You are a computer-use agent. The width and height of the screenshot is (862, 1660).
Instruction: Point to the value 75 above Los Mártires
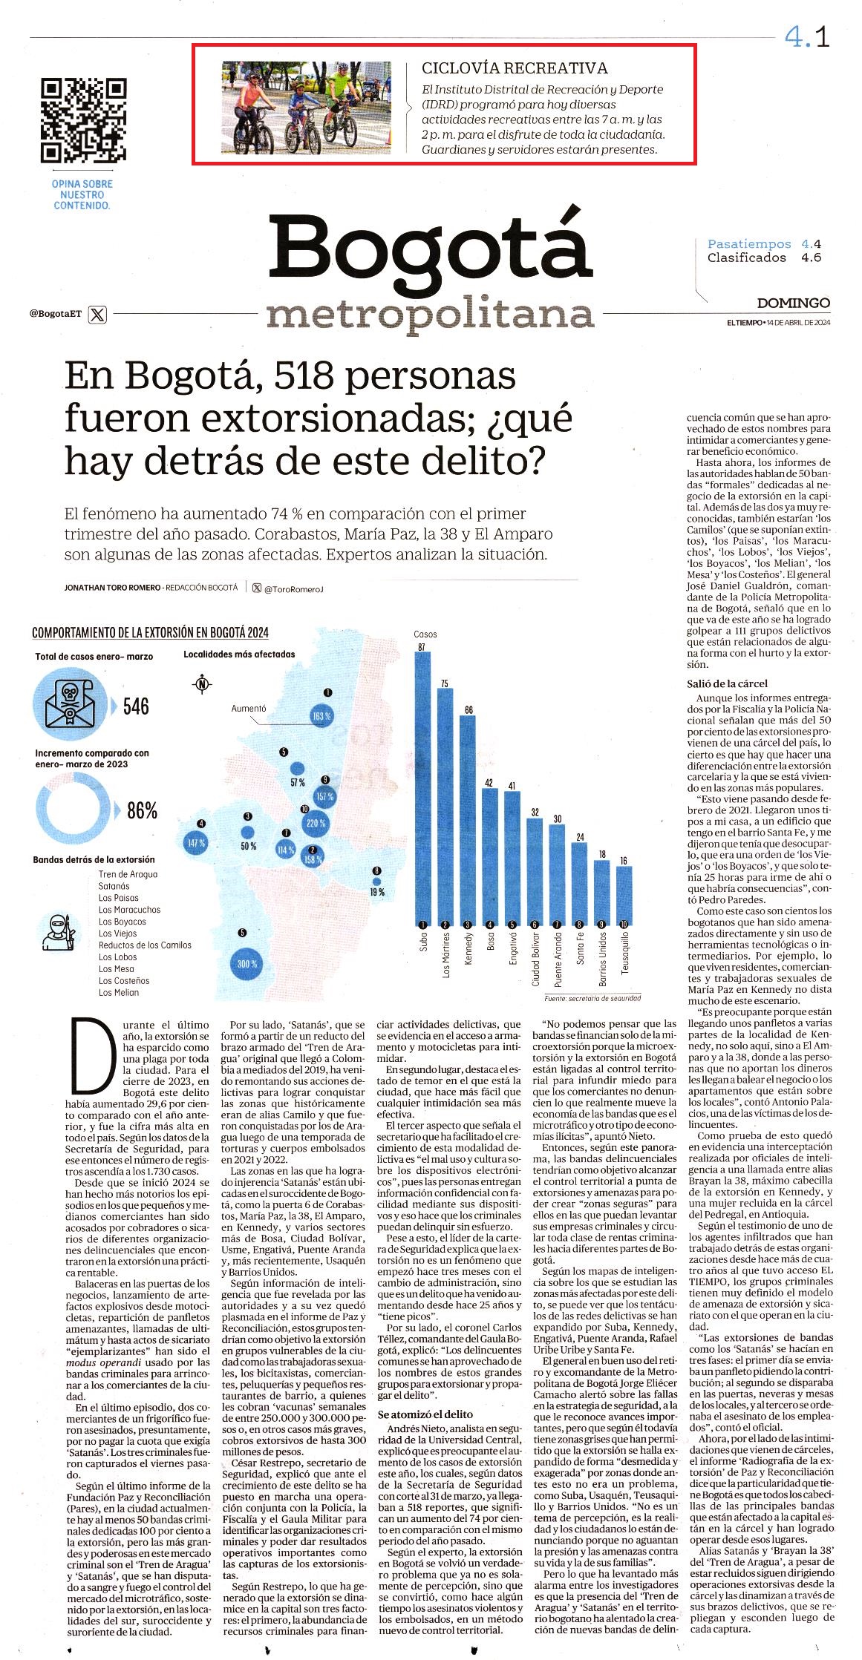445,683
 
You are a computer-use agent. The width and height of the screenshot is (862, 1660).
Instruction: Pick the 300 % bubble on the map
246,964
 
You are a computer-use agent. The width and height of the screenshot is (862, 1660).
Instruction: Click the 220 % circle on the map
316,823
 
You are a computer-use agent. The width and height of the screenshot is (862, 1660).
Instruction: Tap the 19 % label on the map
377,892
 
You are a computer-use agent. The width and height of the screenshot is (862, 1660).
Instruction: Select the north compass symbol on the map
201,684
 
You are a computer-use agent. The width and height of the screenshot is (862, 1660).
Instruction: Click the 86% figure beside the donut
142,810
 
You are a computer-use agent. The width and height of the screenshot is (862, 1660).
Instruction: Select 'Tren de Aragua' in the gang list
128,874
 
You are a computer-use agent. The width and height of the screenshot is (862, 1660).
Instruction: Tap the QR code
83,119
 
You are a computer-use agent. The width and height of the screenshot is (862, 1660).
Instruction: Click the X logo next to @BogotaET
97,315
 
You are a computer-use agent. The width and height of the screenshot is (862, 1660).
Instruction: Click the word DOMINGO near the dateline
794,303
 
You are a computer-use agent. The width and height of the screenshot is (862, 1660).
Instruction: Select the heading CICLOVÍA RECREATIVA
515,68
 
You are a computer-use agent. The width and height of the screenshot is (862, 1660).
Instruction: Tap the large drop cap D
88,1055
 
